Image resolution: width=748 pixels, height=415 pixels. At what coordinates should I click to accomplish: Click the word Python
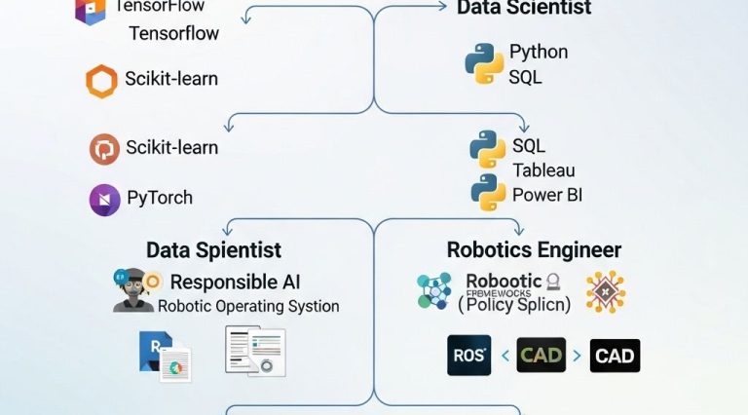click(x=539, y=52)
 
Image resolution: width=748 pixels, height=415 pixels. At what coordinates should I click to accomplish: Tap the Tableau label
click(x=543, y=170)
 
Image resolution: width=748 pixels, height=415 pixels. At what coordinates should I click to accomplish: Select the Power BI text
click(x=546, y=195)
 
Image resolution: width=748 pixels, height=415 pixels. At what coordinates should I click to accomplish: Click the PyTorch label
click(x=160, y=198)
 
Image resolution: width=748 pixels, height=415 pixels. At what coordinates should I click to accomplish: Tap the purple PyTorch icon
click(x=104, y=199)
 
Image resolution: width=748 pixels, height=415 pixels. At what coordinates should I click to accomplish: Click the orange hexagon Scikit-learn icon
click(x=101, y=81)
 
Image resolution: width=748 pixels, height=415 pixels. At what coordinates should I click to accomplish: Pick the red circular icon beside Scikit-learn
click(x=104, y=149)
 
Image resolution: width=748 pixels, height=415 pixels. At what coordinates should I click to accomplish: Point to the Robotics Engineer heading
click(x=534, y=249)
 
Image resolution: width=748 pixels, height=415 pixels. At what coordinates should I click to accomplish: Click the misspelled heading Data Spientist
click(x=213, y=250)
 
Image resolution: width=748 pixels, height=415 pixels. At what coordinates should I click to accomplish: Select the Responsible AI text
click(x=235, y=283)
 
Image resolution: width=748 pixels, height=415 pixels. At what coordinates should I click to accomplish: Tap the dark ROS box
click(x=468, y=355)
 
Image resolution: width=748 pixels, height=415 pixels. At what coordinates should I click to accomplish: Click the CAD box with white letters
click(x=615, y=356)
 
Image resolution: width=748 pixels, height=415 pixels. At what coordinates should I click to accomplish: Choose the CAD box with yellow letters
click(x=541, y=356)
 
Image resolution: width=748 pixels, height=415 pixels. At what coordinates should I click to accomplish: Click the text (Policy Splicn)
click(x=514, y=304)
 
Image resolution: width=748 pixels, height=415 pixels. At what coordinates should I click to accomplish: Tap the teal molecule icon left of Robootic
click(x=434, y=291)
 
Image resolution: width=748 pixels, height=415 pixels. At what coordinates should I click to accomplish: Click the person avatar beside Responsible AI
click(x=133, y=290)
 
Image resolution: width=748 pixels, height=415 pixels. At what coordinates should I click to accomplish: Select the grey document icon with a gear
click(x=255, y=352)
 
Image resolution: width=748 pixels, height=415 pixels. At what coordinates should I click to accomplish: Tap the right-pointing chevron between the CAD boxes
click(x=578, y=357)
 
